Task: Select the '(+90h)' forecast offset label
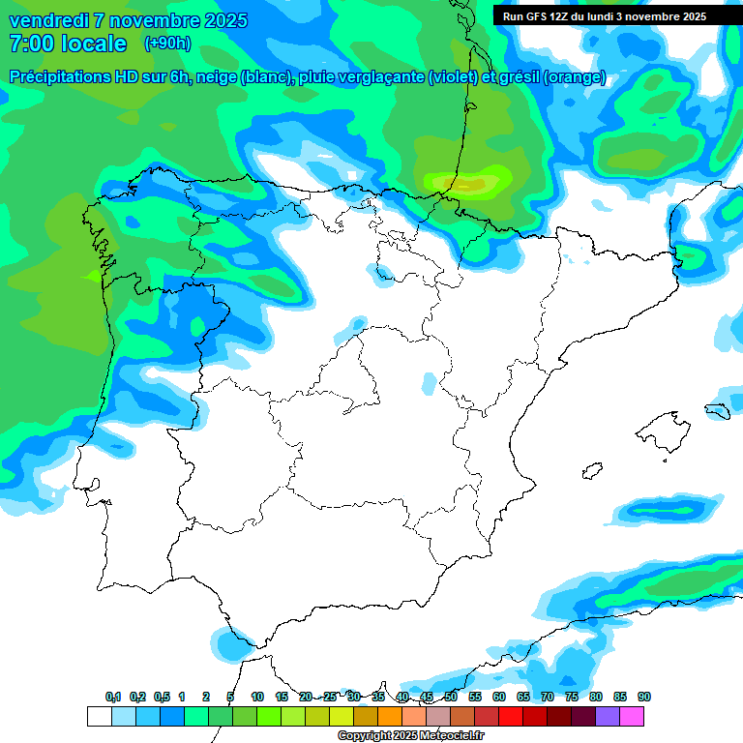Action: pos(168,44)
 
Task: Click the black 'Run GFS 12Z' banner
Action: pos(605,16)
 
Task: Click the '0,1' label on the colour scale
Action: pos(112,697)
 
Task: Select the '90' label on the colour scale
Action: pos(644,697)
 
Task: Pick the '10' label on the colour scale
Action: pos(257,697)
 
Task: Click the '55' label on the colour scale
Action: pos(475,697)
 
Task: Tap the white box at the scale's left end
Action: pos(99,716)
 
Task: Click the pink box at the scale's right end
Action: pos(632,716)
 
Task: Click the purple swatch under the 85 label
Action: pos(608,716)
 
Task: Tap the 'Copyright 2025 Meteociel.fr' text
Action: pos(409,735)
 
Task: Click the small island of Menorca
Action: pos(717,409)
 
